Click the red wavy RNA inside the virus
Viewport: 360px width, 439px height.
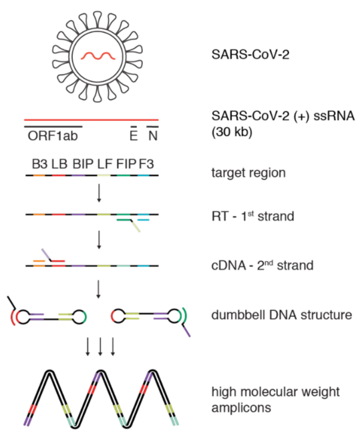tap(98, 56)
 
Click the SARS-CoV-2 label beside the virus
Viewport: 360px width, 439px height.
tap(250, 54)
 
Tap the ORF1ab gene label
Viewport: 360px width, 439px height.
tap(53, 136)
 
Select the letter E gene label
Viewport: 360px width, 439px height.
tap(134, 136)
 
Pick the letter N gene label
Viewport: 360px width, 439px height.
tap(153, 136)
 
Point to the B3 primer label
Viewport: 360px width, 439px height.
tap(39, 164)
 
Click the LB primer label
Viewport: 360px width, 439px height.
tap(59, 164)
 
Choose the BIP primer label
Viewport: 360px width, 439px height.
tap(83, 164)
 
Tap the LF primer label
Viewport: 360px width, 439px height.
tap(105, 164)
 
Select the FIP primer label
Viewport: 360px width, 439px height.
tap(126, 164)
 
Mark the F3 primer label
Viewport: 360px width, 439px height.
tap(146, 164)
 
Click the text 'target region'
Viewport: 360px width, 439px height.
tap(248, 173)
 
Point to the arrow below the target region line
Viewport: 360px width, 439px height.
tap(99, 193)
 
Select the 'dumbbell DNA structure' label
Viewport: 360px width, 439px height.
tap(281, 315)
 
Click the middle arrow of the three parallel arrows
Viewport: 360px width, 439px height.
tap(100, 347)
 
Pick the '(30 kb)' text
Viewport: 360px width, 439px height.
tap(232, 132)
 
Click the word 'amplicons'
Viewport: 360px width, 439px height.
tap(241, 408)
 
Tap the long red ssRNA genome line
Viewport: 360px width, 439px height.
tap(92, 120)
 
